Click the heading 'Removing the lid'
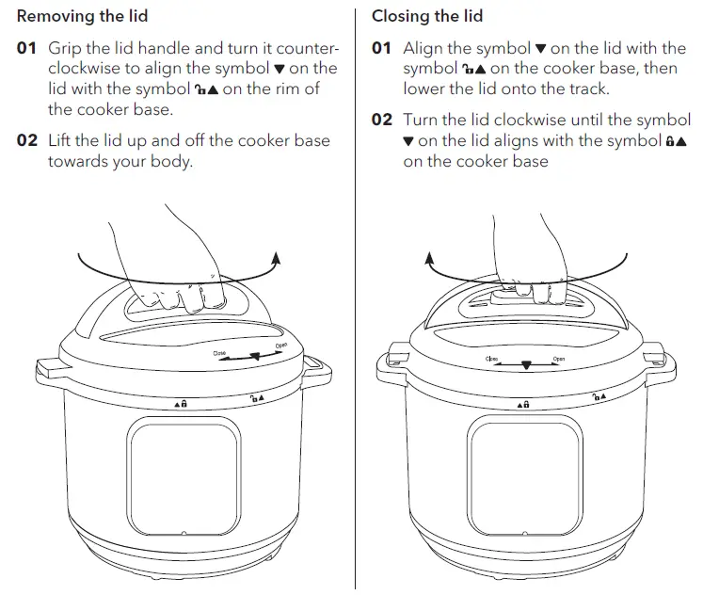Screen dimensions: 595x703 83,16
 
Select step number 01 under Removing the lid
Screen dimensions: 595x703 28,48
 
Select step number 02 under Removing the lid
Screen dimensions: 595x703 28,141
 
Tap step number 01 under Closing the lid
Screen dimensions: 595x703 382,48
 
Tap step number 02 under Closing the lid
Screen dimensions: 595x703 382,121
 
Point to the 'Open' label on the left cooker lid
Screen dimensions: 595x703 280,346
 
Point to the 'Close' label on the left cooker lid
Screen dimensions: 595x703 219,356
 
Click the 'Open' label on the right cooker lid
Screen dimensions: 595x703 558,359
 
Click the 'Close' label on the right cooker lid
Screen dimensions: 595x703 491,359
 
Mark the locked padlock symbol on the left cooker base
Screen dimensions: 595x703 181,403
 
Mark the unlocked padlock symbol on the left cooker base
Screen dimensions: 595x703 256,397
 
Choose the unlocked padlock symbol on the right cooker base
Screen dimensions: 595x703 598,398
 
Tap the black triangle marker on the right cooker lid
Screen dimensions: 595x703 526,365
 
